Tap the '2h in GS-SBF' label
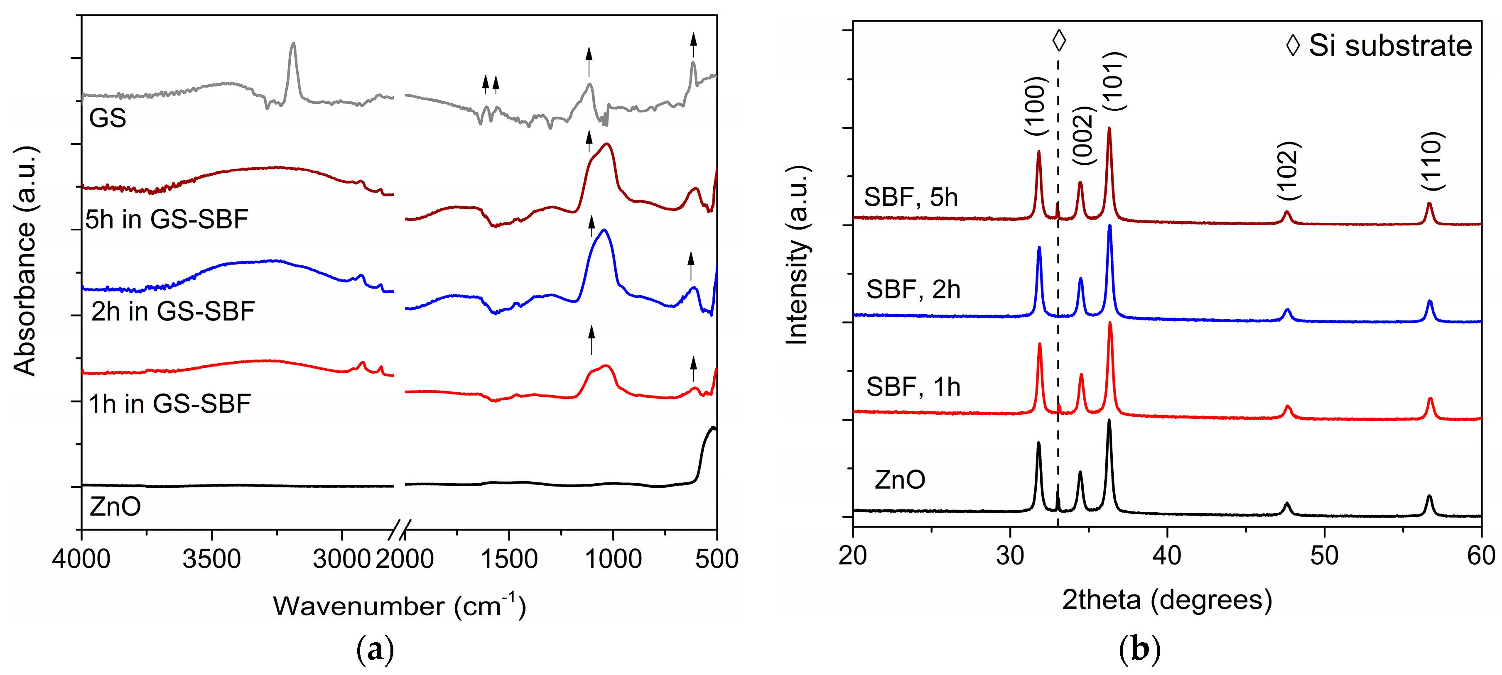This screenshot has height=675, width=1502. coord(173,312)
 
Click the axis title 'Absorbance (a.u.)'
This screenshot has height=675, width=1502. coord(25,261)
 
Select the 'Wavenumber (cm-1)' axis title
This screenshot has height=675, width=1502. coord(400,606)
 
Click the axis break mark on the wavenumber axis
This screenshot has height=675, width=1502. coord(400,529)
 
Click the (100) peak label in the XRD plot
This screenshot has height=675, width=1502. coord(1037,106)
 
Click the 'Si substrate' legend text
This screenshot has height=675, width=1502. coord(1390,46)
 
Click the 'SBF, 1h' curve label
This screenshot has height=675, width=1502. coord(913,387)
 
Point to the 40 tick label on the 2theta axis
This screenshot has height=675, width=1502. coord(1167,555)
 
